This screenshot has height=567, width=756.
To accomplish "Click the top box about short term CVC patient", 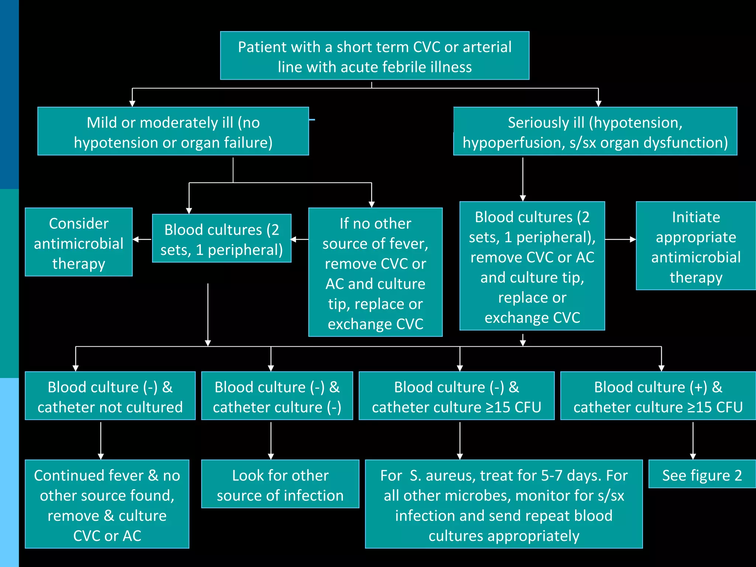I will tap(374, 56).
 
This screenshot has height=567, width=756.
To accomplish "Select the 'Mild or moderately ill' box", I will tap(173, 131).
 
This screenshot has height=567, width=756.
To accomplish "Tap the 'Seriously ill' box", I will tap(595, 131).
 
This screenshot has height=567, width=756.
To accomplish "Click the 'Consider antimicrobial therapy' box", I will tap(79, 242).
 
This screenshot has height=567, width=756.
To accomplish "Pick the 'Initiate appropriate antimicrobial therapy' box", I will tap(695, 246).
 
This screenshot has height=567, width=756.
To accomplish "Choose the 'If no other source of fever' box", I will tap(375, 272).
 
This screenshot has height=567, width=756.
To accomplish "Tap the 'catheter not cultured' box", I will tap(110, 396).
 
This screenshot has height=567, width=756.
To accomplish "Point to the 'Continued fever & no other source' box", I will tap(107, 504).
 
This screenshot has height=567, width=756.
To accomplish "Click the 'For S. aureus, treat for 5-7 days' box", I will tap(504, 504).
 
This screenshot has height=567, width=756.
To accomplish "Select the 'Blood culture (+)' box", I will tap(658, 396).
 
